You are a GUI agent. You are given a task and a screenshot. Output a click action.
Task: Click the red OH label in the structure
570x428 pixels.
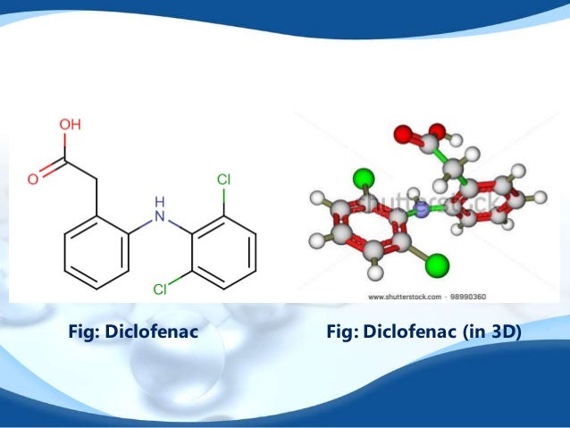click(x=71, y=126)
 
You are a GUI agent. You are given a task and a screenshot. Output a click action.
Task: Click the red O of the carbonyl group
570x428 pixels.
click(x=32, y=179)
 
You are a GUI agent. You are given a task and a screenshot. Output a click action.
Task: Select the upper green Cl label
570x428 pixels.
click(x=223, y=180)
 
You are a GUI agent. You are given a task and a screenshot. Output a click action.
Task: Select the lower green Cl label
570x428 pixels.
click(x=160, y=289)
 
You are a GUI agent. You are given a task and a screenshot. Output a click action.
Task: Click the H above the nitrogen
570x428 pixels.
click(x=160, y=200)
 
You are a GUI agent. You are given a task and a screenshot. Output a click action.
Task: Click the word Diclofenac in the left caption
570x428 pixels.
click(x=150, y=331)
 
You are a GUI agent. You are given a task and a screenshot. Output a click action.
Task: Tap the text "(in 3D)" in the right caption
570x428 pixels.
click(x=491, y=331)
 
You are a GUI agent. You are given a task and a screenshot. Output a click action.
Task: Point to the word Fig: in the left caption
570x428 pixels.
click(x=85, y=331)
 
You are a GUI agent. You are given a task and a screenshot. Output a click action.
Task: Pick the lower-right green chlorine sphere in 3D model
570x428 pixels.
click(x=436, y=264)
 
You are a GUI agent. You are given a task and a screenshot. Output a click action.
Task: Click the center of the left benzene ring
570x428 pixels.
click(x=96, y=253)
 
